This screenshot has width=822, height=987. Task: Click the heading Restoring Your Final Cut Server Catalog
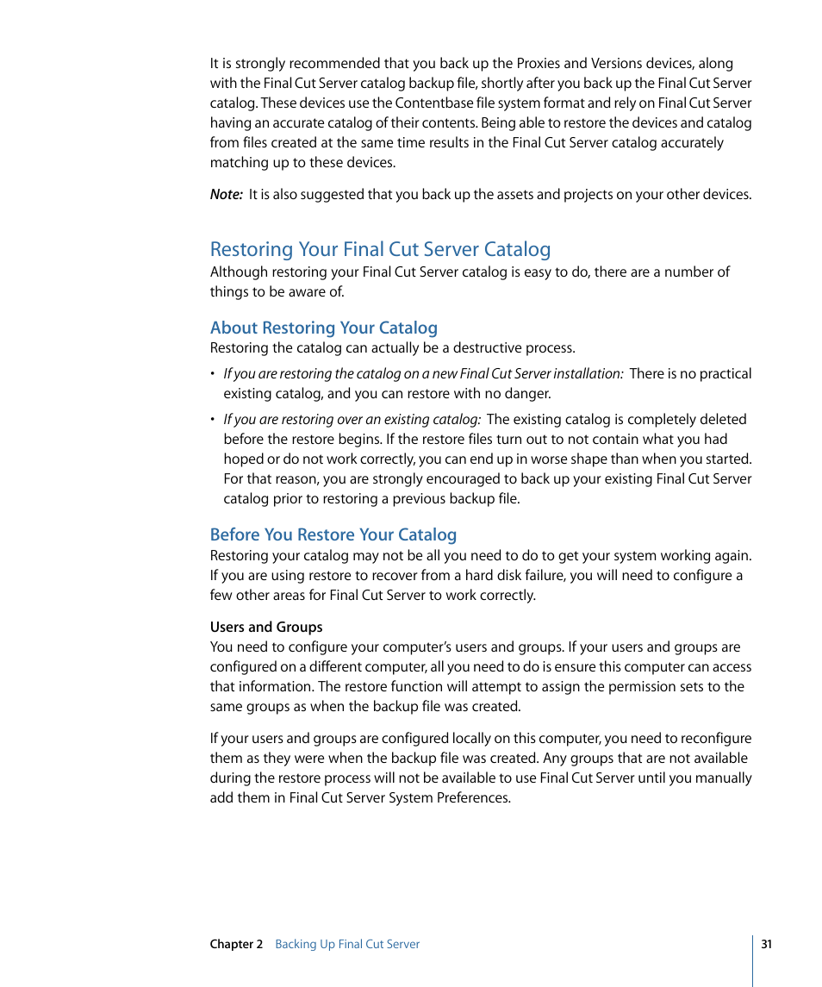(380, 250)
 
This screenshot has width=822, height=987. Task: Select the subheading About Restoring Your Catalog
(324, 328)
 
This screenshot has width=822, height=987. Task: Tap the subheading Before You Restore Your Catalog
(333, 535)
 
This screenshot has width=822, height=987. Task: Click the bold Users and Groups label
(266, 628)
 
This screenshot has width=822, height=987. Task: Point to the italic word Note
(226, 195)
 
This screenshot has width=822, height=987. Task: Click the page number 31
(766, 945)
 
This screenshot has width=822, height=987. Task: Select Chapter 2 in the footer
(236, 945)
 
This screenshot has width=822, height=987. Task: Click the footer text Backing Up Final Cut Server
(347, 945)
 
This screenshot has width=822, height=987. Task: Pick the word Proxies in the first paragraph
(539, 64)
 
